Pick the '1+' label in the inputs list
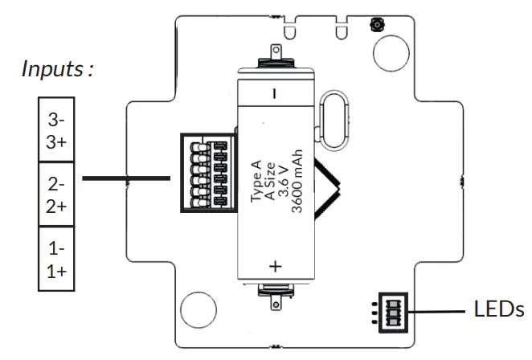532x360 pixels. pyautogui.click(x=56, y=270)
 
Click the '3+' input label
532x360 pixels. pyautogui.click(x=56, y=142)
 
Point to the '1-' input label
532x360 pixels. pyautogui.click(x=56, y=249)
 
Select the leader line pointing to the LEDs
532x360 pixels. pyautogui.click(x=437, y=310)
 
